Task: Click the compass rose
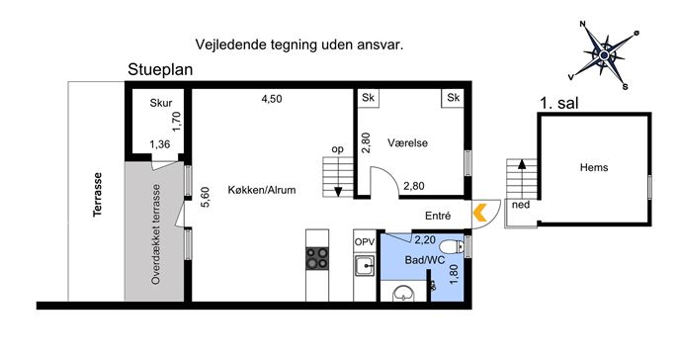coord(604,55)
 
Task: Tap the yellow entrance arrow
coord(479,214)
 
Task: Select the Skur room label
coord(161,103)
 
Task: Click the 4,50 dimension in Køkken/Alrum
coord(272,99)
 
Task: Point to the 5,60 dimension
coord(206,197)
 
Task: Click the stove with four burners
coord(317,259)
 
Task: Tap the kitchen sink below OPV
coord(364,265)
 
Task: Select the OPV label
coord(364,242)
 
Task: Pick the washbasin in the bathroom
coord(404,294)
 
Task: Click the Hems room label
coord(594,167)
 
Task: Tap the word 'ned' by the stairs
coord(521,205)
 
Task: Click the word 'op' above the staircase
coord(337,149)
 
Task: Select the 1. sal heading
coord(559,103)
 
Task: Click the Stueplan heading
coord(160,70)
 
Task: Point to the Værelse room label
coord(407,143)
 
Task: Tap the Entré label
coord(438,216)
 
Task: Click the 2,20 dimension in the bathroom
coord(425,239)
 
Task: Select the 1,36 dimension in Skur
coord(160,144)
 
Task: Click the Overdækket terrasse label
coord(156,234)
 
